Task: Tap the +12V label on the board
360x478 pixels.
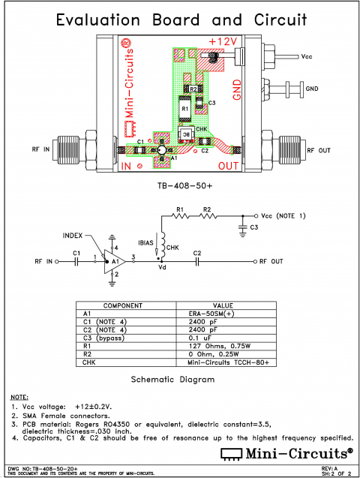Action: (223, 41)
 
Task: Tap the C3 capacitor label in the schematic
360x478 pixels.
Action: (254, 226)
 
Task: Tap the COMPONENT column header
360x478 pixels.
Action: (123, 305)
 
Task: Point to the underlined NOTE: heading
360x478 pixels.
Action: (19, 395)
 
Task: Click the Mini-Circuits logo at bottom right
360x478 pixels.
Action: (286, 453)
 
